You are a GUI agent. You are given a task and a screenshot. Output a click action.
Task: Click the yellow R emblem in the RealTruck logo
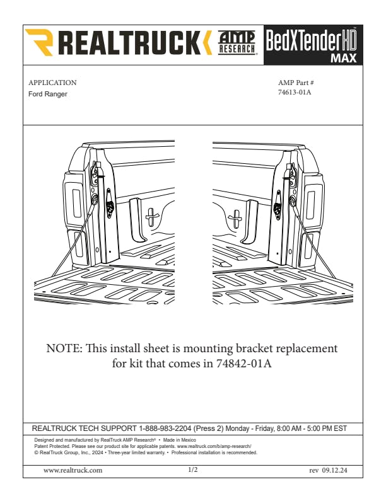[39, 42]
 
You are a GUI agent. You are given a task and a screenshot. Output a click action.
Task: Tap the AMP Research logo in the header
[237, 43]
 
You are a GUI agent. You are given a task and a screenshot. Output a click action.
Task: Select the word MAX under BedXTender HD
[343, 58]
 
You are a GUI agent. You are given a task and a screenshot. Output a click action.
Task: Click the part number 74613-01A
[295, 92]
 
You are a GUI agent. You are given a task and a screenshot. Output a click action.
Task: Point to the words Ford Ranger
[48, 95]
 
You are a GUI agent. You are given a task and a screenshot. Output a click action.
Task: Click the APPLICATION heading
[52, 83]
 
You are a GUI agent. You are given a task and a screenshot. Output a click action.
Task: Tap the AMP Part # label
[296, 83]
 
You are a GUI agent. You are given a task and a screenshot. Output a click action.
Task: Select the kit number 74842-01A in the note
[244, 364]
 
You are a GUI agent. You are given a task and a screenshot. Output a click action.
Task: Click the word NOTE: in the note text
[64, 348]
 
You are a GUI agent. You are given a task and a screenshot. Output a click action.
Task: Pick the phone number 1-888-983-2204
[165, 428]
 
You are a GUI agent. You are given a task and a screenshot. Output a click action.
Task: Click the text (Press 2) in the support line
[208, 428]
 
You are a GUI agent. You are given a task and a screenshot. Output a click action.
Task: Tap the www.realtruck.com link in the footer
[73, 471]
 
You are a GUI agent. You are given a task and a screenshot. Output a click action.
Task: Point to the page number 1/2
[193, 470]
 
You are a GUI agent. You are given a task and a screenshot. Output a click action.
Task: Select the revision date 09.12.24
[334, 471]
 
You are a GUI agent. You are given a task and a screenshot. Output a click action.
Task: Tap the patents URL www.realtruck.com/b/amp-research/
[214, 446]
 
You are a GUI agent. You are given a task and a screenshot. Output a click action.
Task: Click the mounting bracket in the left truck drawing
[110, 203]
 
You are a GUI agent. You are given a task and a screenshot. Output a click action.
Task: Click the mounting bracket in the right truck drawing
[278, 205]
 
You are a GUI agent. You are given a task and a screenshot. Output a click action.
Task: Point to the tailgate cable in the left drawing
[73, 239]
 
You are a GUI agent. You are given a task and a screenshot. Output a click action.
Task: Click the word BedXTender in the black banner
[301, 40]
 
